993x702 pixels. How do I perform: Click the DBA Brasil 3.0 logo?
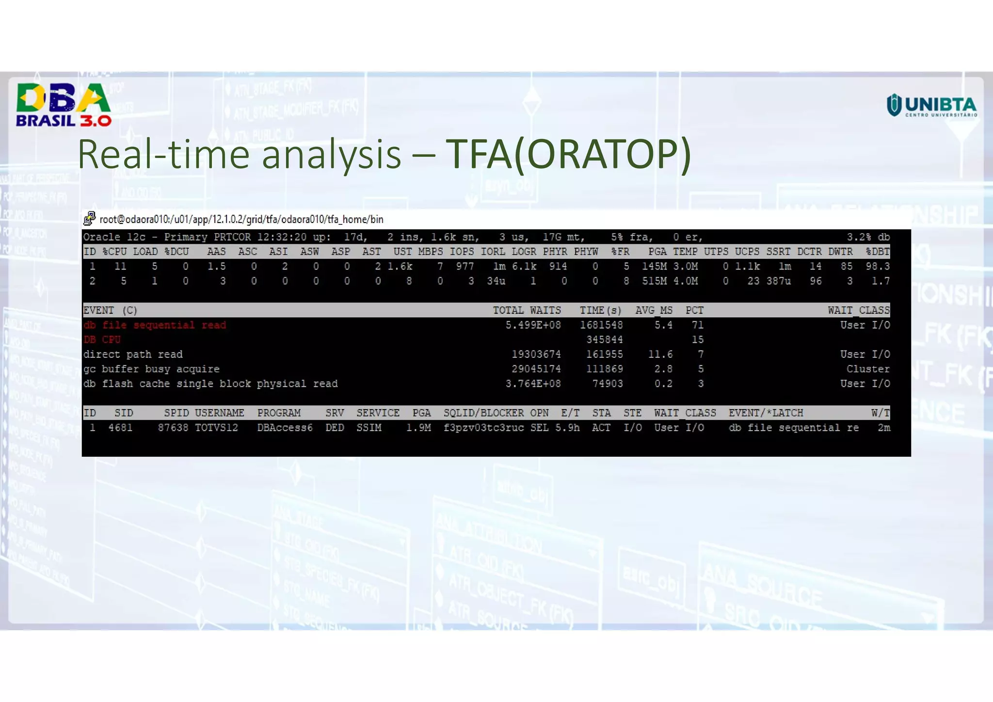[x=64, y=105]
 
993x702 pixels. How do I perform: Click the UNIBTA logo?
[x=931, y=105]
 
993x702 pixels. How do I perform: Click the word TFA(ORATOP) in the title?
[x=568, y=155]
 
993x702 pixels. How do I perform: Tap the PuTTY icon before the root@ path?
[x=89, y=219]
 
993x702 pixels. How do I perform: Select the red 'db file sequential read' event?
[x=155, y=325]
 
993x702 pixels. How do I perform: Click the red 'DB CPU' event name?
[x=102, y=339]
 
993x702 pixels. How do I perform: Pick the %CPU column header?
[x=114, y=252]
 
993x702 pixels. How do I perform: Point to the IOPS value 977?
[x=464, y=266]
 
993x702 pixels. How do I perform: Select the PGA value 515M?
[x=654, y=281]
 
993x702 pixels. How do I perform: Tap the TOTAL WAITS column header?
[x=527, y=310]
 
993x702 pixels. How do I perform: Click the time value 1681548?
[x=601, y=325]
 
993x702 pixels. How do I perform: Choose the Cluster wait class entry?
[x=867, y=369]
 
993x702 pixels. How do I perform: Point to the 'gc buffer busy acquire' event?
[x=151, y=369]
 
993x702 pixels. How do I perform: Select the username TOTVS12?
[x=216, y=428]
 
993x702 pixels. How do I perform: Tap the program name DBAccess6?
[x=285, y=428]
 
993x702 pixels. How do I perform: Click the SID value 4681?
[x=120, y=428]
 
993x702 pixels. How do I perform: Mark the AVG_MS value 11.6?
[x=660, y=354]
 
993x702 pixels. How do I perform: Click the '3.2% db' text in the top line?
[x=868, y=237]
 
